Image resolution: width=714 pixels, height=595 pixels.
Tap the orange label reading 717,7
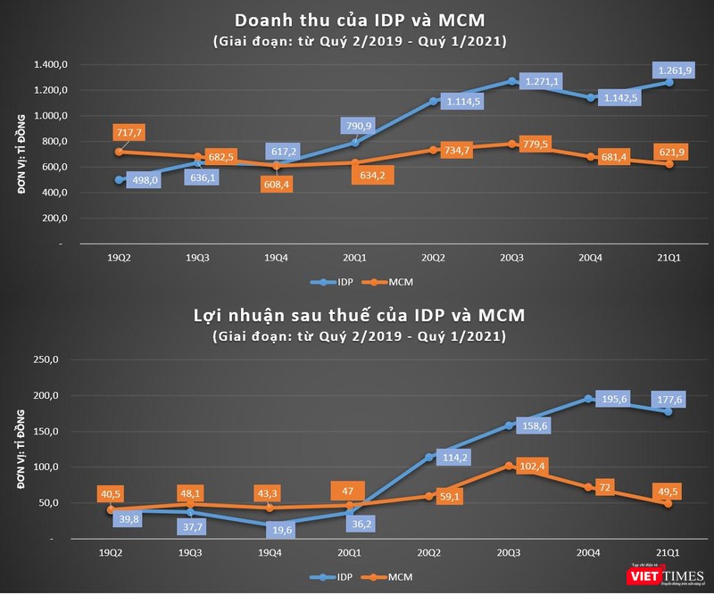tap(128, 132)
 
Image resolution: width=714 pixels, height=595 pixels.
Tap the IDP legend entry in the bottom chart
tap(335, 578)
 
